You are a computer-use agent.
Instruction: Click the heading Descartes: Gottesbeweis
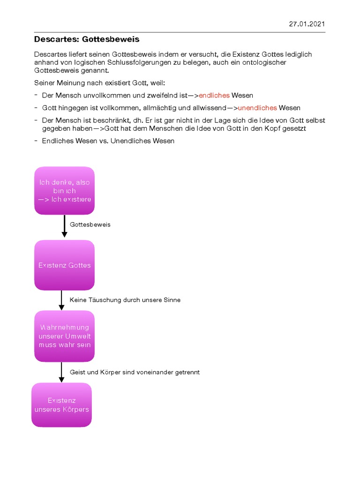(87, 39)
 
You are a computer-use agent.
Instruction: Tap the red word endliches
(214, 95)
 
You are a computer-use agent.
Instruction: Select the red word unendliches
(257, 108)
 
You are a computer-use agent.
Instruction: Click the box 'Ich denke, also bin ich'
(64, 191)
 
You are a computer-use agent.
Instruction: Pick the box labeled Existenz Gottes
(64, 265)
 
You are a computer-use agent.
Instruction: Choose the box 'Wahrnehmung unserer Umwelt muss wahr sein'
(64, 336)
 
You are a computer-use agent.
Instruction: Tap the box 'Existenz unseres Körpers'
(61, 405)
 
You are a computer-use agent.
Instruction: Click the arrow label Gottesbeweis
(90, 225)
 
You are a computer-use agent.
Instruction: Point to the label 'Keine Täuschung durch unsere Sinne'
(125, 300)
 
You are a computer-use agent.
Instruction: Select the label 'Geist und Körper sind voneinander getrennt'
(135, 372)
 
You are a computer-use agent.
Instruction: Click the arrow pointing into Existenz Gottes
(65, 227)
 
